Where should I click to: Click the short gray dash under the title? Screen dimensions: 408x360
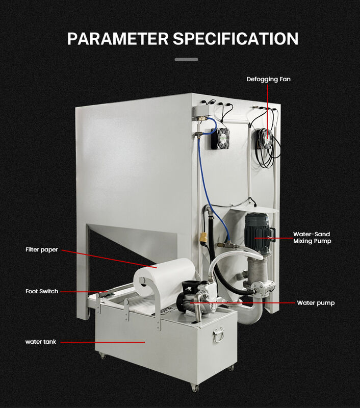click(186, 60)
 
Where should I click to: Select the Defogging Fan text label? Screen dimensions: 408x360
click(269, 79)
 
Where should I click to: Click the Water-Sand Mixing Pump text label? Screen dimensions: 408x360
click(312, 237)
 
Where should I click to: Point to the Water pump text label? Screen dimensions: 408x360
click(316, 303)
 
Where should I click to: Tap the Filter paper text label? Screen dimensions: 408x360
click(42, 249)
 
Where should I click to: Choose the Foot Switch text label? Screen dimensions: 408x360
click(42, 291)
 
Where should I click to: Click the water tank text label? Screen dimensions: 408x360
click(41, 341)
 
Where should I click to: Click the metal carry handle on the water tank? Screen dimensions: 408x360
click(220, 335)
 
